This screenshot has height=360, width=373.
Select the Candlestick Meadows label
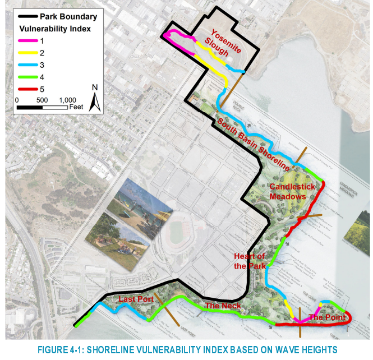pos(288,191)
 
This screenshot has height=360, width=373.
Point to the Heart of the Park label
pos(250,261)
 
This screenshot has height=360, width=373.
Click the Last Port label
pos(136,299)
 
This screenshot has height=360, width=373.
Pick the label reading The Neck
pos(223,306)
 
